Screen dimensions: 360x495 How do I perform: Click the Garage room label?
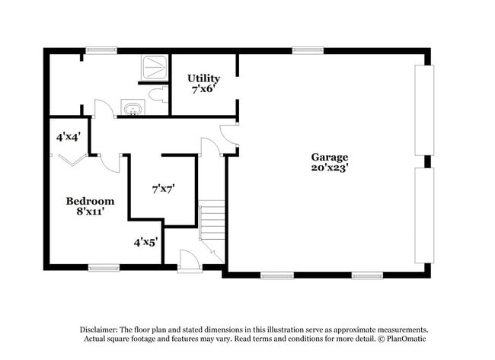(x=329, y=158)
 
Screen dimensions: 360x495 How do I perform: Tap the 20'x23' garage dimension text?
(x=329, y=168)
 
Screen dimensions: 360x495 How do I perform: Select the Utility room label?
(x=204, y=78)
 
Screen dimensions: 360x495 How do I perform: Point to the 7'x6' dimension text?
(x=204, y=89)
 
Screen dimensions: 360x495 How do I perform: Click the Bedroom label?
(x=90, y=201)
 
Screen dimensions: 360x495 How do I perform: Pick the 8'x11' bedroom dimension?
(x=90, y=212)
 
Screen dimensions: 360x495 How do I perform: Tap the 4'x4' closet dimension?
(x=69, y=138)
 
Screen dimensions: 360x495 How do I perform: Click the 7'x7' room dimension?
(x=164, y=188)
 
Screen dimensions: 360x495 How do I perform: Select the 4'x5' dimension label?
(x=145, y=242)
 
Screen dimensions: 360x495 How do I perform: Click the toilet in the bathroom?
(x=158, y=95)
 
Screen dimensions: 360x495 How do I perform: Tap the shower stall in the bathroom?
(x=155, y=68)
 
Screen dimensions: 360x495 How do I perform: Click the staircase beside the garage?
(x=213, y=221)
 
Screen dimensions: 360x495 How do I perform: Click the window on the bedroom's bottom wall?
(x=104, y=266)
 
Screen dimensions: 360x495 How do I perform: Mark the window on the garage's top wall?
(x=304, y=50)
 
